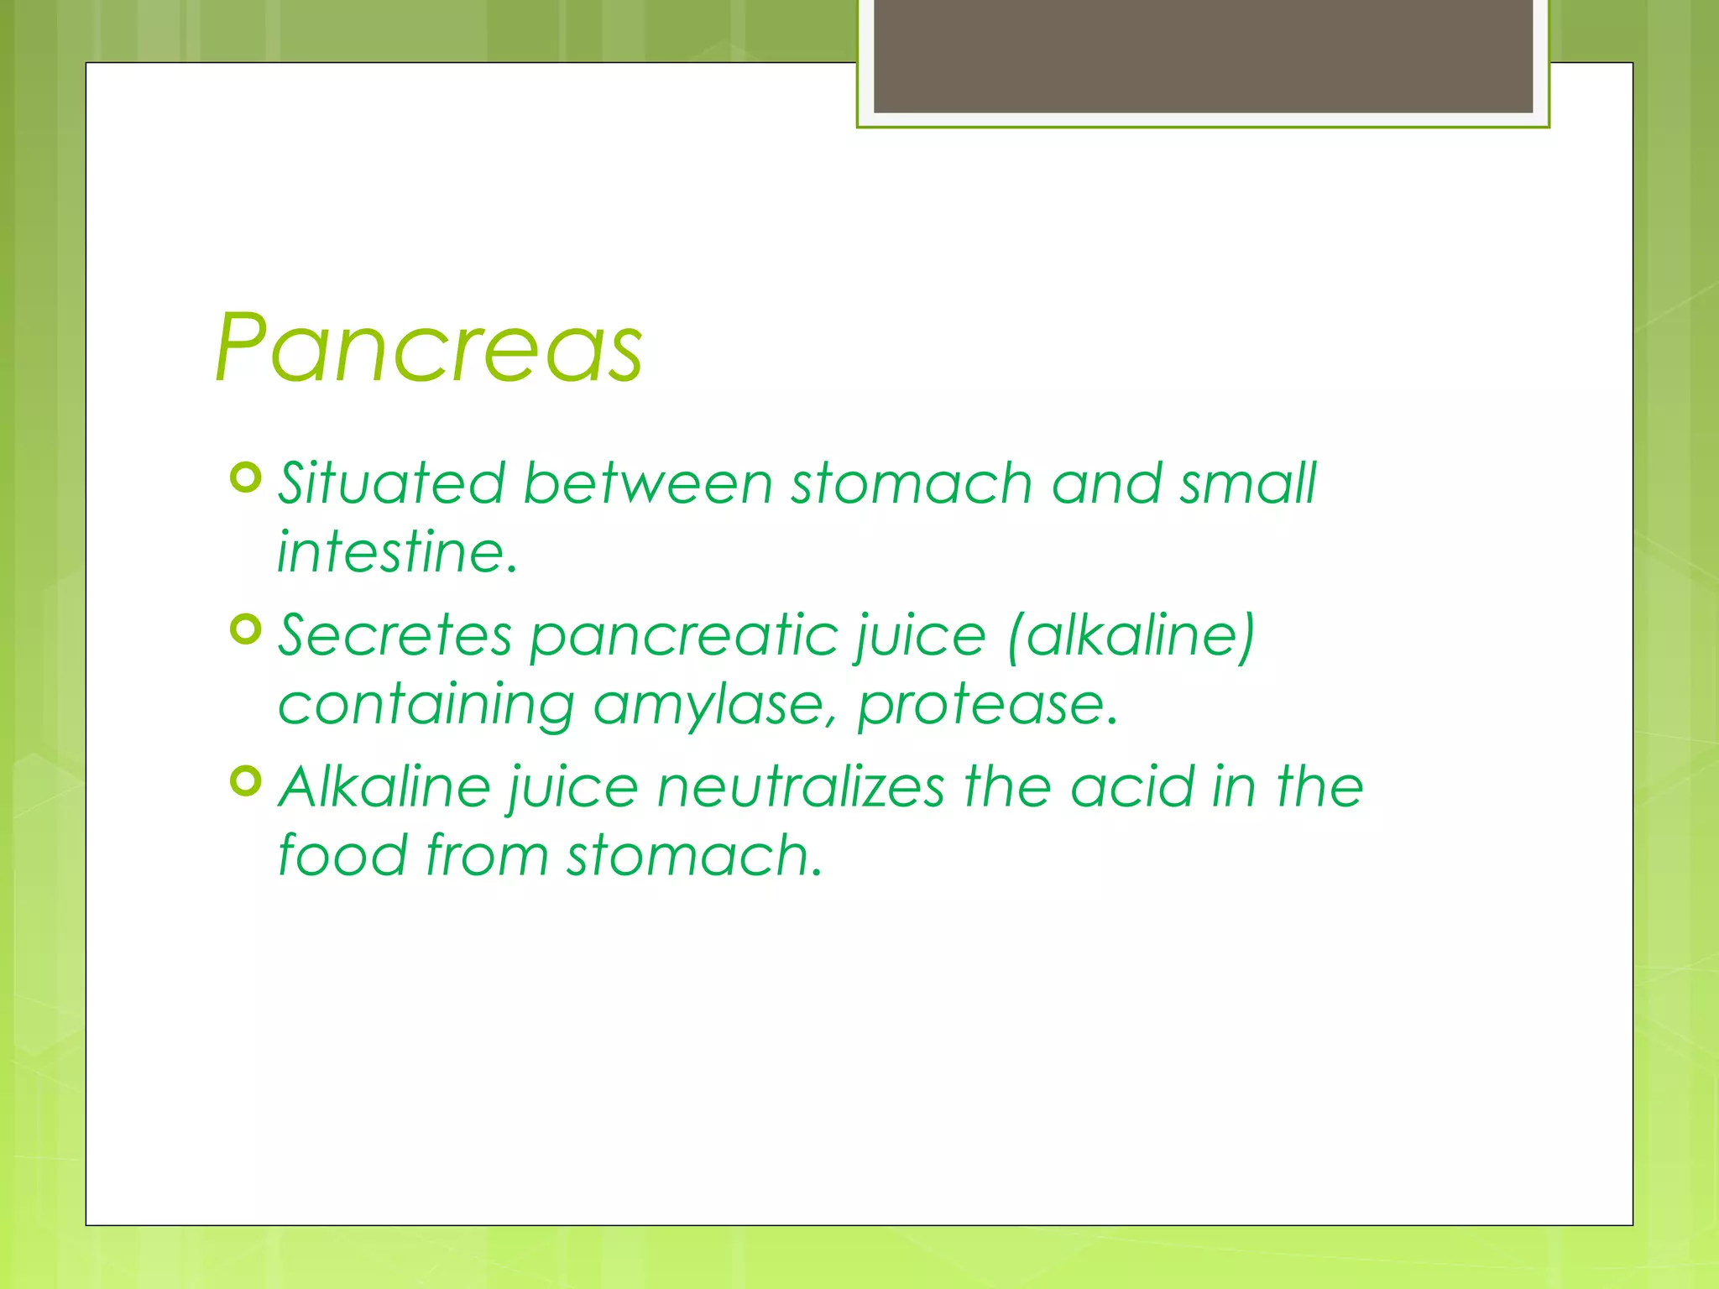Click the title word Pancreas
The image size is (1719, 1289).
tap(428, 348)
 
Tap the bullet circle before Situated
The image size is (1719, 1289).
tap(246, 478)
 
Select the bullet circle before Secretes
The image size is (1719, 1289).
tap(246, 629)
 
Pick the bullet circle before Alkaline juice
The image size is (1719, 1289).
tap(246, 781)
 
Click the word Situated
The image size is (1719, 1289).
tap(391, 484)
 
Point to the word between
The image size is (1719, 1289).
tap(647, 484)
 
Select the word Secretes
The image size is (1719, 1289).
tap(394, 635)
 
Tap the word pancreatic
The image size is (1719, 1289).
tap(684, 635)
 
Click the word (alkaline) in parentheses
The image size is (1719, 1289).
tap(1131, 635)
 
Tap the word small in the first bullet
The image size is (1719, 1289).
tap(1248, 484)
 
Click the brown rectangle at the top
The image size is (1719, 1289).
tap(1203, 55)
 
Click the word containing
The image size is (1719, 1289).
tap(426, 705)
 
